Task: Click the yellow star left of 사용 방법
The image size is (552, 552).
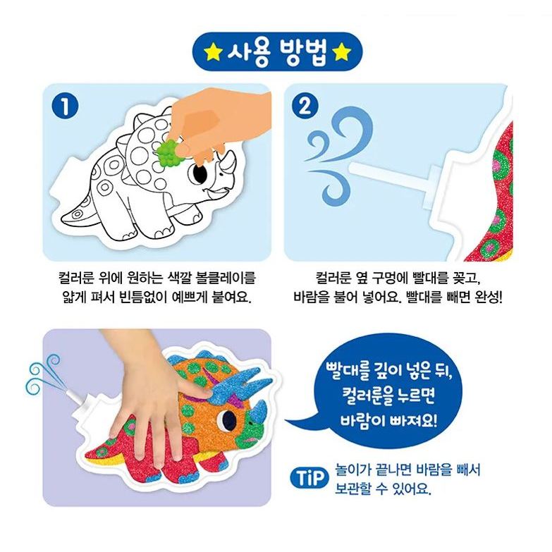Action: pyautogui.click(x=213, y=52)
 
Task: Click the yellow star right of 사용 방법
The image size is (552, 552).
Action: pyautogui.click(x=342, y=52)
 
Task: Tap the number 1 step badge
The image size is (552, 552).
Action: pyautogui.click(x=65, y=106)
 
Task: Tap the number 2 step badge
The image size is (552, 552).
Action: pyautogui.click(x=305, y=106)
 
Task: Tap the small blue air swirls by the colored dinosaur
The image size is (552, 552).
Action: pyautogui.click(x=42, y=373)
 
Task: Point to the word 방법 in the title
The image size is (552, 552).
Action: pyautogui.click(x=302, y=52)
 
